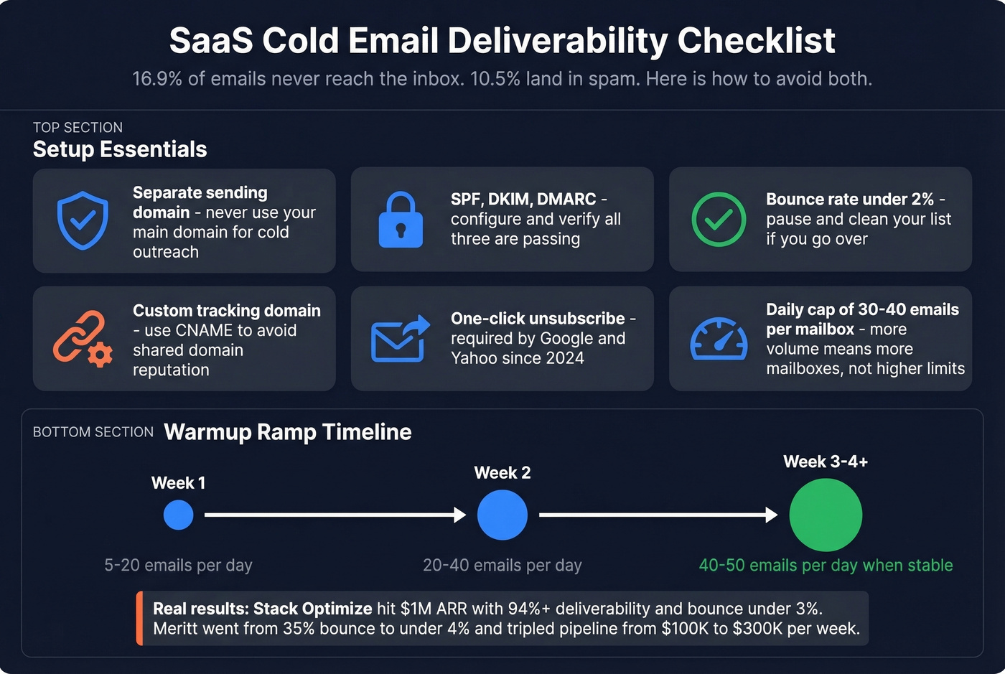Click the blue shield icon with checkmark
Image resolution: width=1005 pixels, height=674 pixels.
pos(83,220)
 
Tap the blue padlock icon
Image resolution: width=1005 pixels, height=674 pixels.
pos(401,220)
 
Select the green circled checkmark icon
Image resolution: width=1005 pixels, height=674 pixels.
pos(718,220)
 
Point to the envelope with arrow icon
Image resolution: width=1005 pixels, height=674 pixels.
pos(400,339)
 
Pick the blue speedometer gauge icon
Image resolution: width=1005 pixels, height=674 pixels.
pos(719,339)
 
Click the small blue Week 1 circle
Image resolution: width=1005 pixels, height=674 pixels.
pos(178,515)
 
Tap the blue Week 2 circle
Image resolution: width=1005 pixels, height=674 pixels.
pos(502,515)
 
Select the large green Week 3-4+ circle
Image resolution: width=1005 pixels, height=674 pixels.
pos(826,515)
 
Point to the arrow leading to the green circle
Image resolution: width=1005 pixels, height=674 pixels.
pos(658,515)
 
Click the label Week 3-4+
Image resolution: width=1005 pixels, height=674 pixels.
pos(826,462)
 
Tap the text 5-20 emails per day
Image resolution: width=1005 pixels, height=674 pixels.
pos(178,565)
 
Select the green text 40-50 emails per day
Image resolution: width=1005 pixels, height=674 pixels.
pos(826,565)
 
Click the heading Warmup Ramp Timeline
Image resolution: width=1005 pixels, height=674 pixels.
pos(288,432)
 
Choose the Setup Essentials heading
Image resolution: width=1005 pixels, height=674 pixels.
pos(120,149)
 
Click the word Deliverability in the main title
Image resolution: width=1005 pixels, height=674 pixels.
pos(558,41)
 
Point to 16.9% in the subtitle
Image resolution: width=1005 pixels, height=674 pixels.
pos(157,79)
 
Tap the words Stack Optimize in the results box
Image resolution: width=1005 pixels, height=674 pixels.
pos(313,609)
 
